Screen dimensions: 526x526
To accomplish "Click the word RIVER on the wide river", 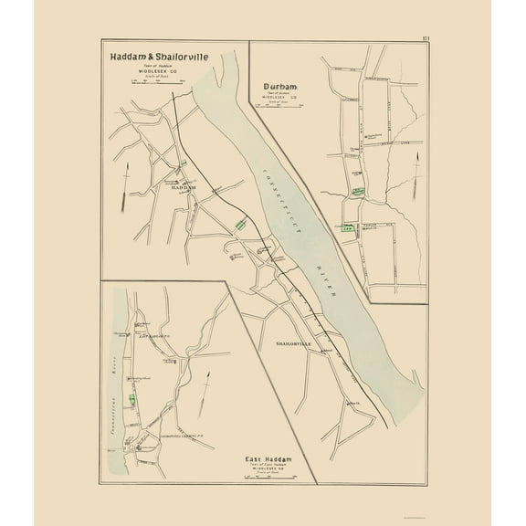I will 326,280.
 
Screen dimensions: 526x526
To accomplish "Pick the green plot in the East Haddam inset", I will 131,399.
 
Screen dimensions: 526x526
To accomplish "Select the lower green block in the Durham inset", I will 348,230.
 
